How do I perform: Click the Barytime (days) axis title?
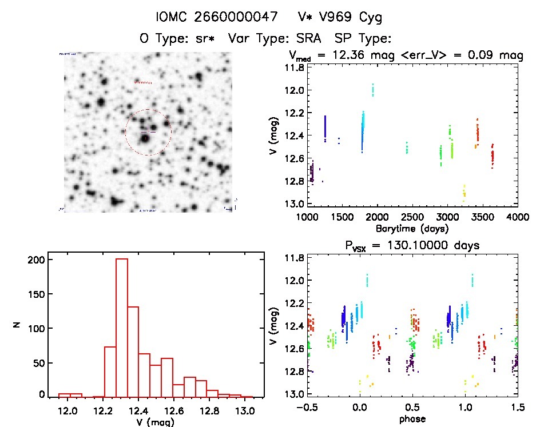coord(412,228)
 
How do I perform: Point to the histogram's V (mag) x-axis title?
coord(157,422)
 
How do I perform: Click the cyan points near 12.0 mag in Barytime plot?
coord(373,90)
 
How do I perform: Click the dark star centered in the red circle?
coord(145,138)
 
